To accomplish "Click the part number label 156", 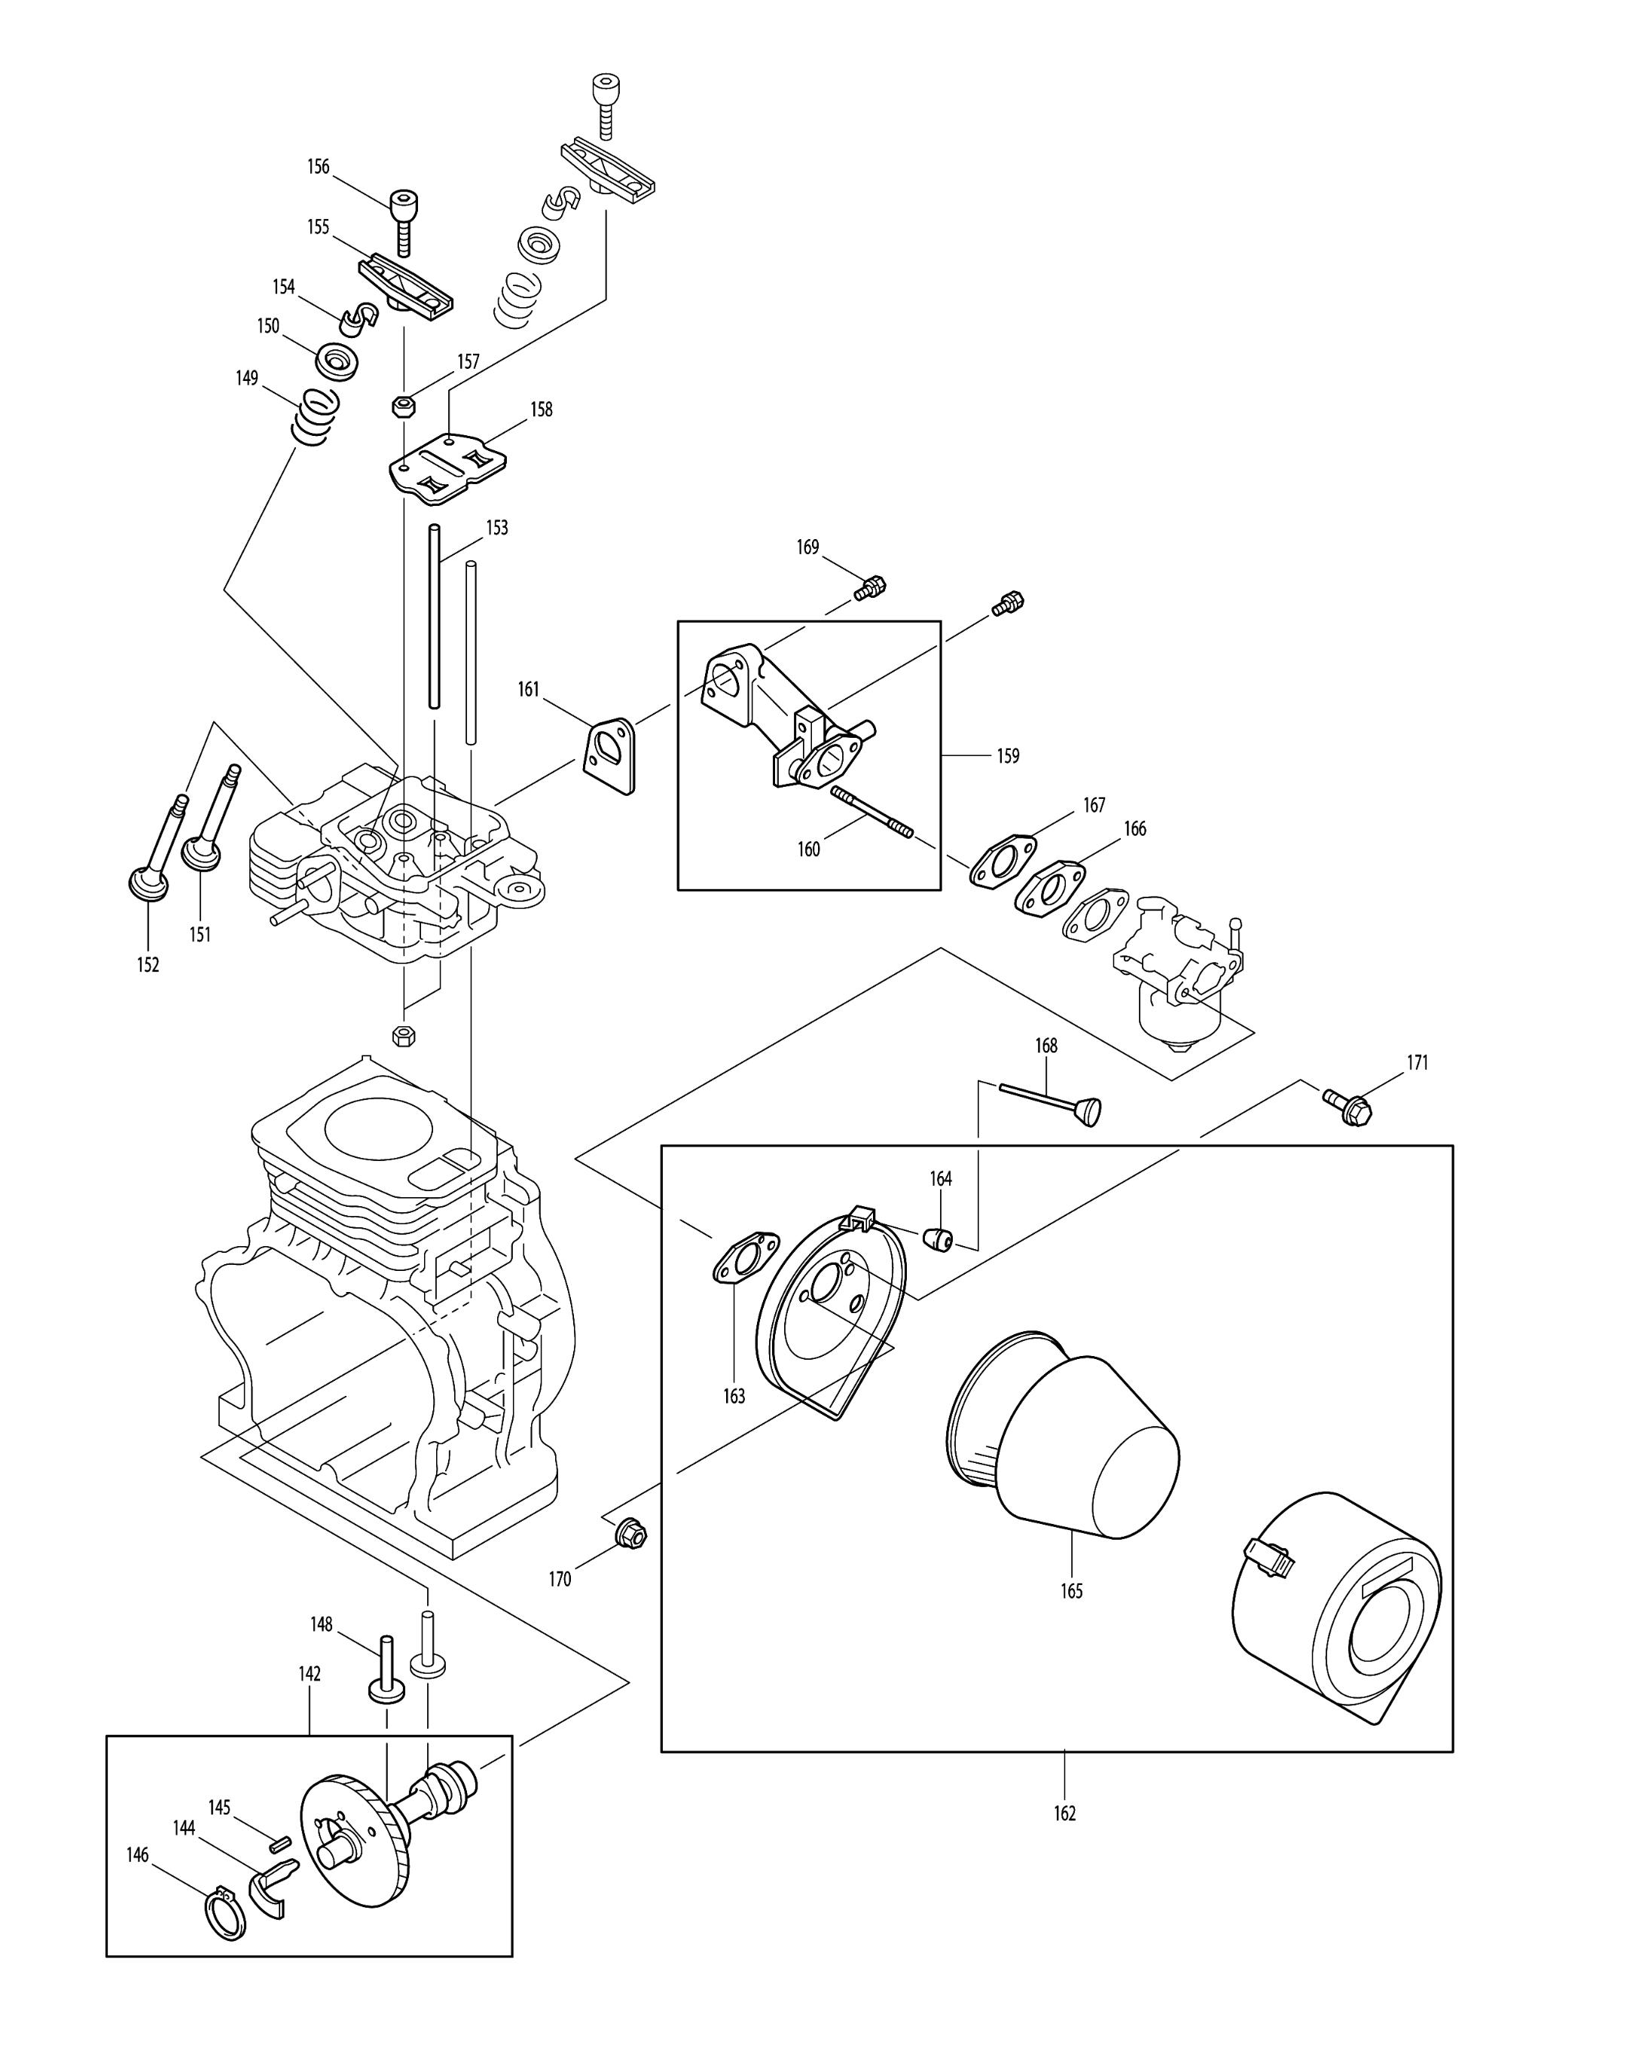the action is coord(318,167).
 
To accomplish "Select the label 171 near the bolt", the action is coord(1417,1062).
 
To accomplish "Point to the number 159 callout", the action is coord(1007,756).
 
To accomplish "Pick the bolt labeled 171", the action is coord(1348,1105).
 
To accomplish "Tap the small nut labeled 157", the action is coord(403,406).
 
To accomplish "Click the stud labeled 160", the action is coord(872,810).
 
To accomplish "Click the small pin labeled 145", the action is coord(278,1843).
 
